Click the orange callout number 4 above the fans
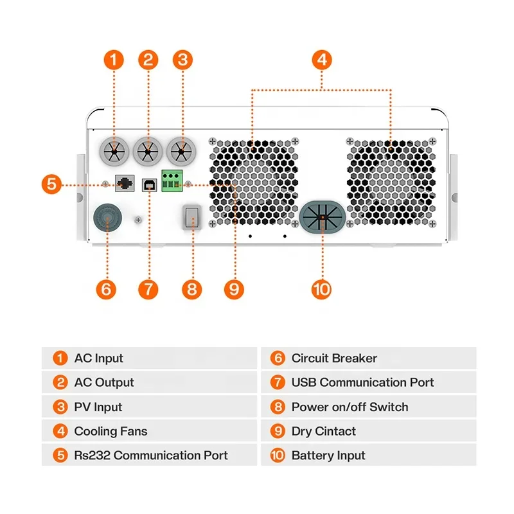click(x=322, y=60)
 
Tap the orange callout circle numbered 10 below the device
click(x=322, y=290)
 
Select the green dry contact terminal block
click(x=172, y=181)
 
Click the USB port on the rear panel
click(x=149, y=185)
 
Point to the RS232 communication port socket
click(x=125, y=183)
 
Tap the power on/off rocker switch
click(x=192, y=217)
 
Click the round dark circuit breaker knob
click(x=107, y=217)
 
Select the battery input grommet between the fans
click(x=323, y=217)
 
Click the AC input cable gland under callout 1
click(x=114, y=152)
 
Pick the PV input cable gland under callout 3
click(x=181, y=152)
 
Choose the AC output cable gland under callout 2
click(x=148, y=152)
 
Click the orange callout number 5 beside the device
click(x=51, y=184)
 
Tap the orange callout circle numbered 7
click(x=148, y=290)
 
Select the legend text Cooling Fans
click(x=111, y=431)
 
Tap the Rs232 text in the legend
click(x=92, y=456)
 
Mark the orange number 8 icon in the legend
click(x=278, y=407)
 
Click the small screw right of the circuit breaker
click(x=138, y=220)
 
